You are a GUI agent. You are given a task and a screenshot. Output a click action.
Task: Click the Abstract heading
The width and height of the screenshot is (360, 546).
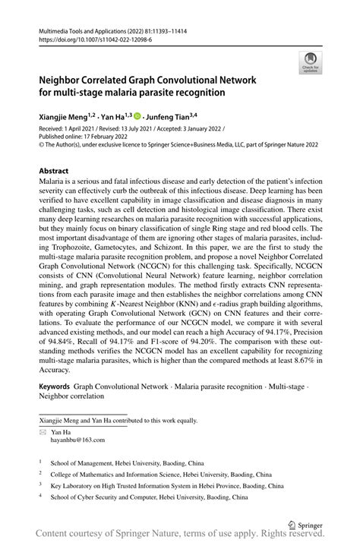coord(55,172)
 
